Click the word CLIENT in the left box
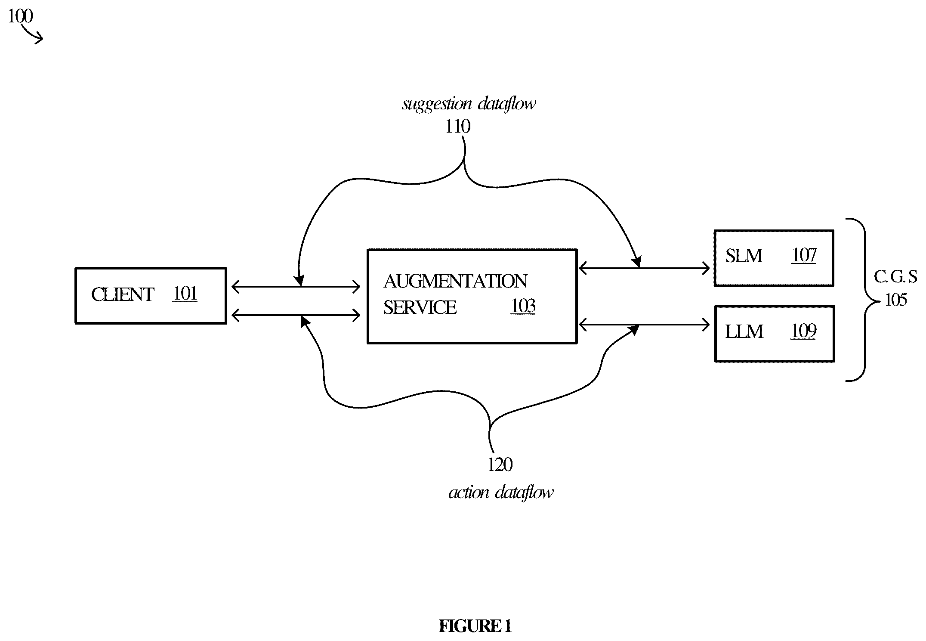pyautogui.click(x=123, y=295)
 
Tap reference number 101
pyautogui.click(x=185, y=294)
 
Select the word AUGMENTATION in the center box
pyautogui.click(x=455, y=282)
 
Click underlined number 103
pyautogui.click(x=523, y=306)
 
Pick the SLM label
pyautogui.click(x=744, y=256)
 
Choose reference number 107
pyautogui.click(x=804, y=255)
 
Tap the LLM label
pyautogui.click(x=744, y=332)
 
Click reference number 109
pyautogui.click(x=804, y=331)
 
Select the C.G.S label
pyautogui.click(x=895, y=277)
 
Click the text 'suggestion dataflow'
pyautogui.click(x=469, y=104)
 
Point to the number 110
pyautogui.click(x=458, y=127)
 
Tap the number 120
pyautogui.click(x=500, y=465)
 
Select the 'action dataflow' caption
pyautogui.click(x=501, y=492)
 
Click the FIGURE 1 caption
pyautogui.click(x=475, y=626)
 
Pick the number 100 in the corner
pyautogui.click(x=20, y=16)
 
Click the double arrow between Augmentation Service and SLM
pyautogui.click(x=644, y=269)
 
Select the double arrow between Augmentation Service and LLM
pyautogui.click(x=644, y=324)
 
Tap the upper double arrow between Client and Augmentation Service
pyautogui.click(x=296, y=287)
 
